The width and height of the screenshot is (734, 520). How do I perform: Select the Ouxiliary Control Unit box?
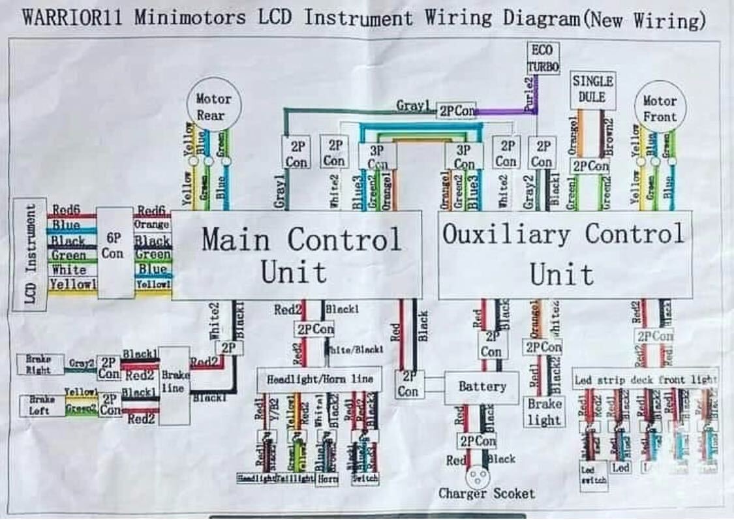tap(564, 254)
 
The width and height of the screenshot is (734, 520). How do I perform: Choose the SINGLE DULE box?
tap(592, 90)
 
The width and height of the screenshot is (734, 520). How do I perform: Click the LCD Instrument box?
tap(30, 254)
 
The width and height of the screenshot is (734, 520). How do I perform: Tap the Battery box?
tap(482, 387)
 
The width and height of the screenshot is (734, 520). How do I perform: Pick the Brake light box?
tap(544, 412)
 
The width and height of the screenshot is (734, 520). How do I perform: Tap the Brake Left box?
tap(40, 405)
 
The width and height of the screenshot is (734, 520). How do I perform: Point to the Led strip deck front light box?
tap(645, 380)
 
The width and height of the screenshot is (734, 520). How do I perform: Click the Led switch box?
tap(593, 476)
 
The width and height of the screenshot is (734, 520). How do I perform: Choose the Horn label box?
tap(327, 478)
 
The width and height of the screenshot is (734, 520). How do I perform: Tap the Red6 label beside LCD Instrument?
tap(67, 209)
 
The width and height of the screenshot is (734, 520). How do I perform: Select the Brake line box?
tap(174, 385)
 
